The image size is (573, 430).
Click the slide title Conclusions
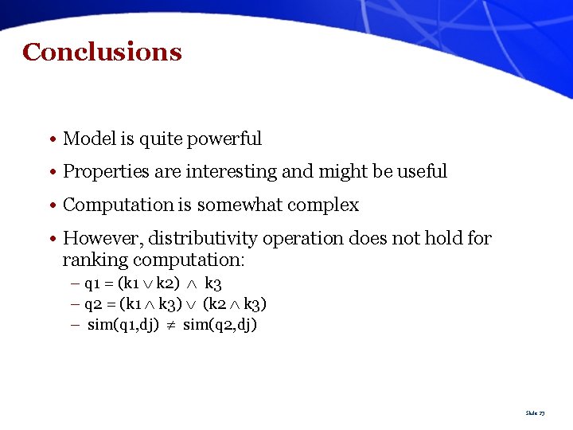click(x=102, y=53)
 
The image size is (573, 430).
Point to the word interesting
click(x=238, y=172)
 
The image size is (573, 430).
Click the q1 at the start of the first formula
click(x=92, y=283)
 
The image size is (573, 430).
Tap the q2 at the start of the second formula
click(x=92, y=304)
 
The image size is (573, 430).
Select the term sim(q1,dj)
click(x=123, y=325)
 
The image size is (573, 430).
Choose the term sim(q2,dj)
click(x=220, y=325)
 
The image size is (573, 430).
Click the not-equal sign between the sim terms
click(x=171, y=325)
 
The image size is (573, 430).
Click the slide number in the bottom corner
click(x=535, y=413)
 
